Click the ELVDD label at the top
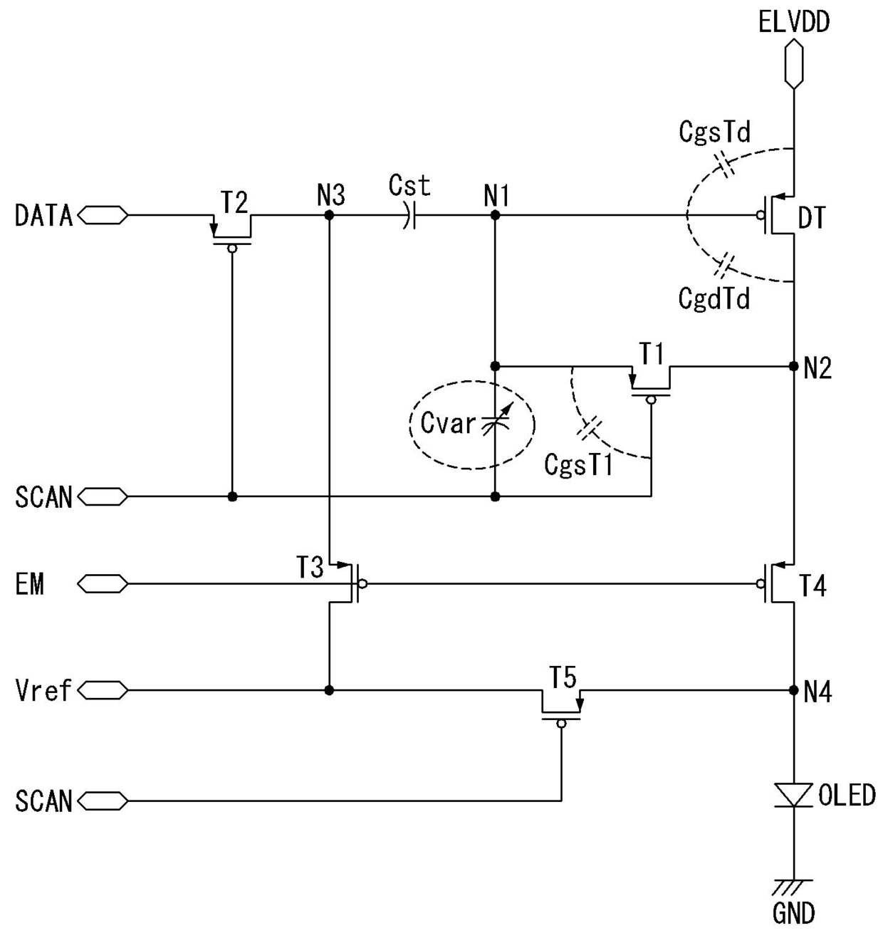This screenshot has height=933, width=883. point(794,22)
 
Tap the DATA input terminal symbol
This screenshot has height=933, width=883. point(103,215)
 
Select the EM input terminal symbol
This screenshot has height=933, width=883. point(103,584)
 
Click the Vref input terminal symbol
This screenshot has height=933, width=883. point(103,691)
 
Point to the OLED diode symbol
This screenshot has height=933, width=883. point(794,795)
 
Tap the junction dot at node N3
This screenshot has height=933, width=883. point(329,215)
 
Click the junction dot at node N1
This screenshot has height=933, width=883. point(495,215)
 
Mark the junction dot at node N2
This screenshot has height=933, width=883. point(794,366)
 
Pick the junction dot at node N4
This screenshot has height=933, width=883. point(794,691)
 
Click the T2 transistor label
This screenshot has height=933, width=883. point(234,202)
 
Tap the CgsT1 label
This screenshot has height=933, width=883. point(578,464)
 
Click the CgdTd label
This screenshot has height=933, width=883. point(714,299)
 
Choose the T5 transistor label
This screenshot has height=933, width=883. point(563,677)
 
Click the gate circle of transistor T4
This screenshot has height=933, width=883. point(760,584)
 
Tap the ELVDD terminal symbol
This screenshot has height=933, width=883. point(794,64)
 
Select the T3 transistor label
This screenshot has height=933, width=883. point(310,567)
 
